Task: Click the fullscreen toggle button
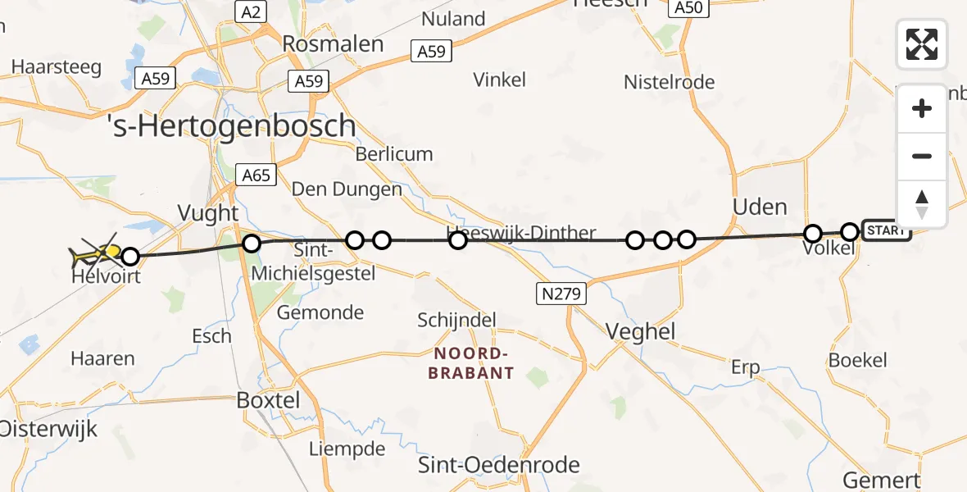click(x=922, y=44)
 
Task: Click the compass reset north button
click(x=922, y=204)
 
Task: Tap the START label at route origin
click(x=886, y=230)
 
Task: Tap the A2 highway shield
click(x=251, y=11)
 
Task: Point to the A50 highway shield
click(x=687, y=7)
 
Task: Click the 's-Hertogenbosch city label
click(x=232, y=125)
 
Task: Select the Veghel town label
click(x=640, y=330)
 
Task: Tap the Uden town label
click(x=760, y=207)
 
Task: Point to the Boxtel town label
click(x=268, y=400)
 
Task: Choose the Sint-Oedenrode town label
click(x=499, y=465)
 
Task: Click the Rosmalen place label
click(x=333, y=43)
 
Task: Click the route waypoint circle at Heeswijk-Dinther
click(x=458, y=240)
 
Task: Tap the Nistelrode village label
click(x=669, y=82)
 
